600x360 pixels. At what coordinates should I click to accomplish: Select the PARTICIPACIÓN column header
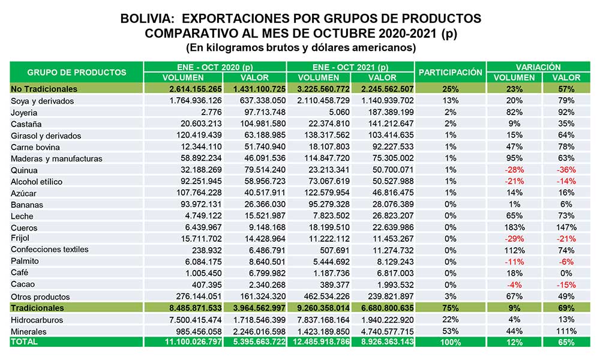tap(451, 73)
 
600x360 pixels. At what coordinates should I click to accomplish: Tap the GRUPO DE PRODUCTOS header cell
tap(77, 73)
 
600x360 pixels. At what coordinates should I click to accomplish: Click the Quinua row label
tap(24, 170)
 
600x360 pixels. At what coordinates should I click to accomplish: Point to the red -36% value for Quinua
tap(566, 170)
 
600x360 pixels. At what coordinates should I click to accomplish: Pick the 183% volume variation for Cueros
tap(514, 227)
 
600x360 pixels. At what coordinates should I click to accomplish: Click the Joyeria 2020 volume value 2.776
tap(209, 112)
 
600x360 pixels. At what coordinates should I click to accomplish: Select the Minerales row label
tap(29, 332)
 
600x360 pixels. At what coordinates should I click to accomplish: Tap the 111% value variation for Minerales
tap(566, 331)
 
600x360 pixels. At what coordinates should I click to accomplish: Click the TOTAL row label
tap(24, 341)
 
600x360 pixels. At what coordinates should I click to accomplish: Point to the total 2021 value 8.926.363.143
tap(387, 341)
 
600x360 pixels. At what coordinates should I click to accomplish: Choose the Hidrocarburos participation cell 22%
tap(451, 319)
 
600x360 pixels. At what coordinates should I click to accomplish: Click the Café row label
tap(20, 273)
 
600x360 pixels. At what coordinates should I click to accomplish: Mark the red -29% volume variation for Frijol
tap(514, 239)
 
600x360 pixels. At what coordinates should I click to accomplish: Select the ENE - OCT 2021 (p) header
tap(350, 67)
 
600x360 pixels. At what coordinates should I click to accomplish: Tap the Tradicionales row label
tap(37, 308)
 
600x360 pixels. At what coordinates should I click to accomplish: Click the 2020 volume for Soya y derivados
tap(196, 101)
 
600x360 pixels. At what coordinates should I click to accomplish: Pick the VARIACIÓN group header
tap(538, 67)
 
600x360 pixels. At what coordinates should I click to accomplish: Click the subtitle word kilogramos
tap(231, 47)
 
